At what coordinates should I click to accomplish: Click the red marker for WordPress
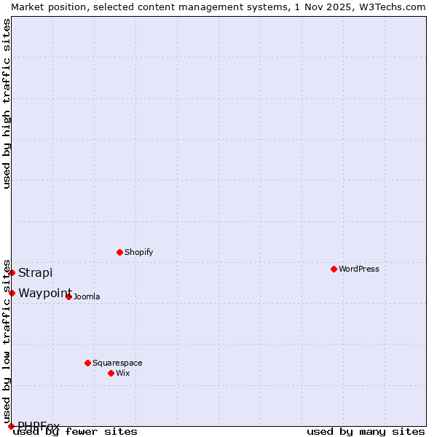334,269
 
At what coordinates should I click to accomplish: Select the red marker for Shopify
119,252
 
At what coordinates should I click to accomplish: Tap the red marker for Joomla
68,296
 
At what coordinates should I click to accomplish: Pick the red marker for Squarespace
87,363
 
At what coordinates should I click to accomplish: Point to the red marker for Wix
111,373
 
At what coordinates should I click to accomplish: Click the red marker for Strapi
12,272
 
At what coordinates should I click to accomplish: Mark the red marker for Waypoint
12,293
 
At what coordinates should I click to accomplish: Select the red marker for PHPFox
11,426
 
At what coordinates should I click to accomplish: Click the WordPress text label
359,269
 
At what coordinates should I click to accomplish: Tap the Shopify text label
138,252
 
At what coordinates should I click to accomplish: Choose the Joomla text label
87,296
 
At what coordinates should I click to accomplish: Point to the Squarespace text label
117,363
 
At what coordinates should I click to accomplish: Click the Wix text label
122,373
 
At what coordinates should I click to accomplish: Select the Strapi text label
36,272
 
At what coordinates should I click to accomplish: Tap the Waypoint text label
45,293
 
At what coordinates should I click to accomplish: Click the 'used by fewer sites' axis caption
75,432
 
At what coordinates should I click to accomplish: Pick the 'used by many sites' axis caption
366,432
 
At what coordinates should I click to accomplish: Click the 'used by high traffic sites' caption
7,104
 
